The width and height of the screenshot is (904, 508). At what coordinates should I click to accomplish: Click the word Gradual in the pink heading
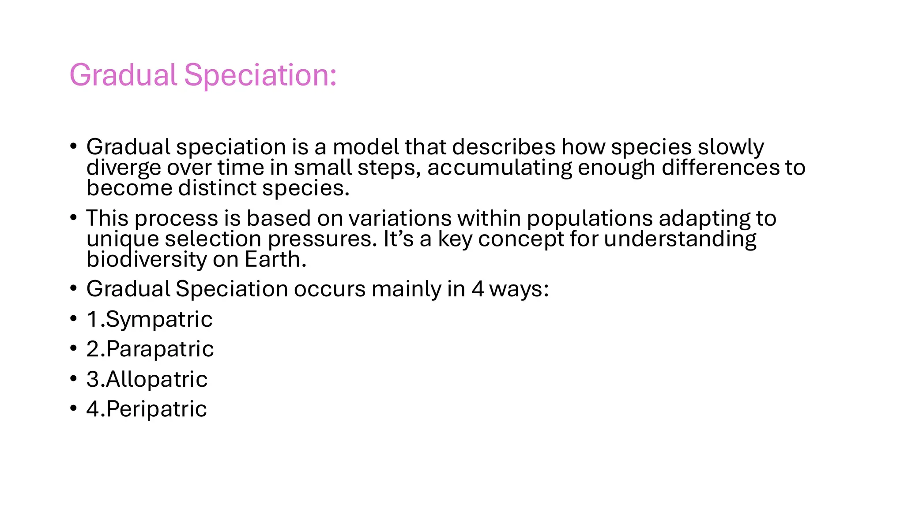tap(123, 75)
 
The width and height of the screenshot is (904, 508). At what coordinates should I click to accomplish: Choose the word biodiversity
tap(146, 260)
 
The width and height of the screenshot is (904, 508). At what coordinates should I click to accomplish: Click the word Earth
tap(275, 259)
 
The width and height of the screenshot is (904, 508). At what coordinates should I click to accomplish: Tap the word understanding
tap(680, 239)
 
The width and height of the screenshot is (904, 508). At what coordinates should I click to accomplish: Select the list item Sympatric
tap(159, 320)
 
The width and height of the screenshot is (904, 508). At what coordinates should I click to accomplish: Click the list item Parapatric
tap(160, 350)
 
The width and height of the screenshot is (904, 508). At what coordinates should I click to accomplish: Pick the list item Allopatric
tap(157, 379)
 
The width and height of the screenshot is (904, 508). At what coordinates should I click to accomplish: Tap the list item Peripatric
tap(156, 409)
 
